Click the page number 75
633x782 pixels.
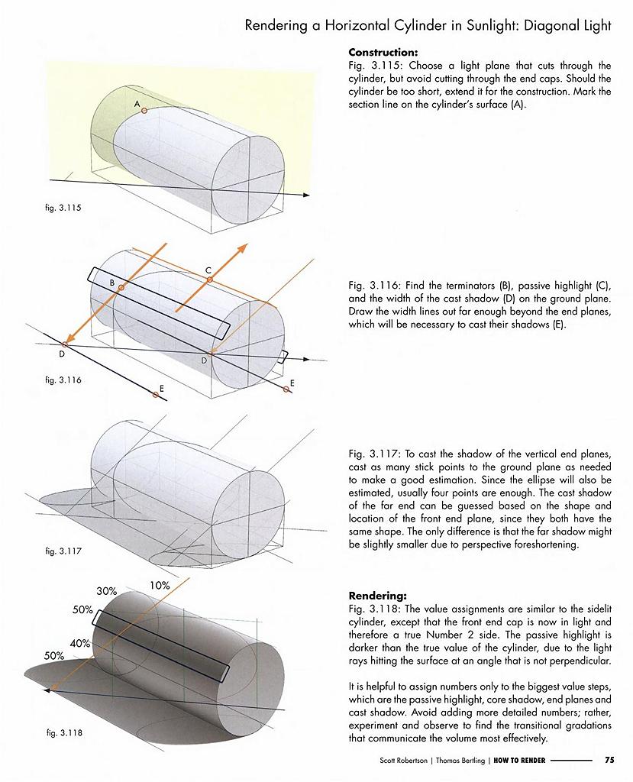pyautogui.click(x=609, y=760)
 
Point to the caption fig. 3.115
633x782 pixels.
pyautogui.click(x=62, y=208)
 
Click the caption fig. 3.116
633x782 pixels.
pyautogui.click(x=63, y=380)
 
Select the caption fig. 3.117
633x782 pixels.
pyautogui.click(x=63, y=551)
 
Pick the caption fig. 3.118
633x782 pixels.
pyautogui.click(x=63, y=733)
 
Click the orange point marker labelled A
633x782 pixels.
pyautogui.click(x=144, y=111)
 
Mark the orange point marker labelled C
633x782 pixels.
pyautogui.click(x=208, y=280)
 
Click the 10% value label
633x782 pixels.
pyautogui.click(x=160, y=586)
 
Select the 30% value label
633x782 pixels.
pyautogui.click(x=106, y=591)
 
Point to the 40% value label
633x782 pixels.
pyautogui.click(x=80, y=644)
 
